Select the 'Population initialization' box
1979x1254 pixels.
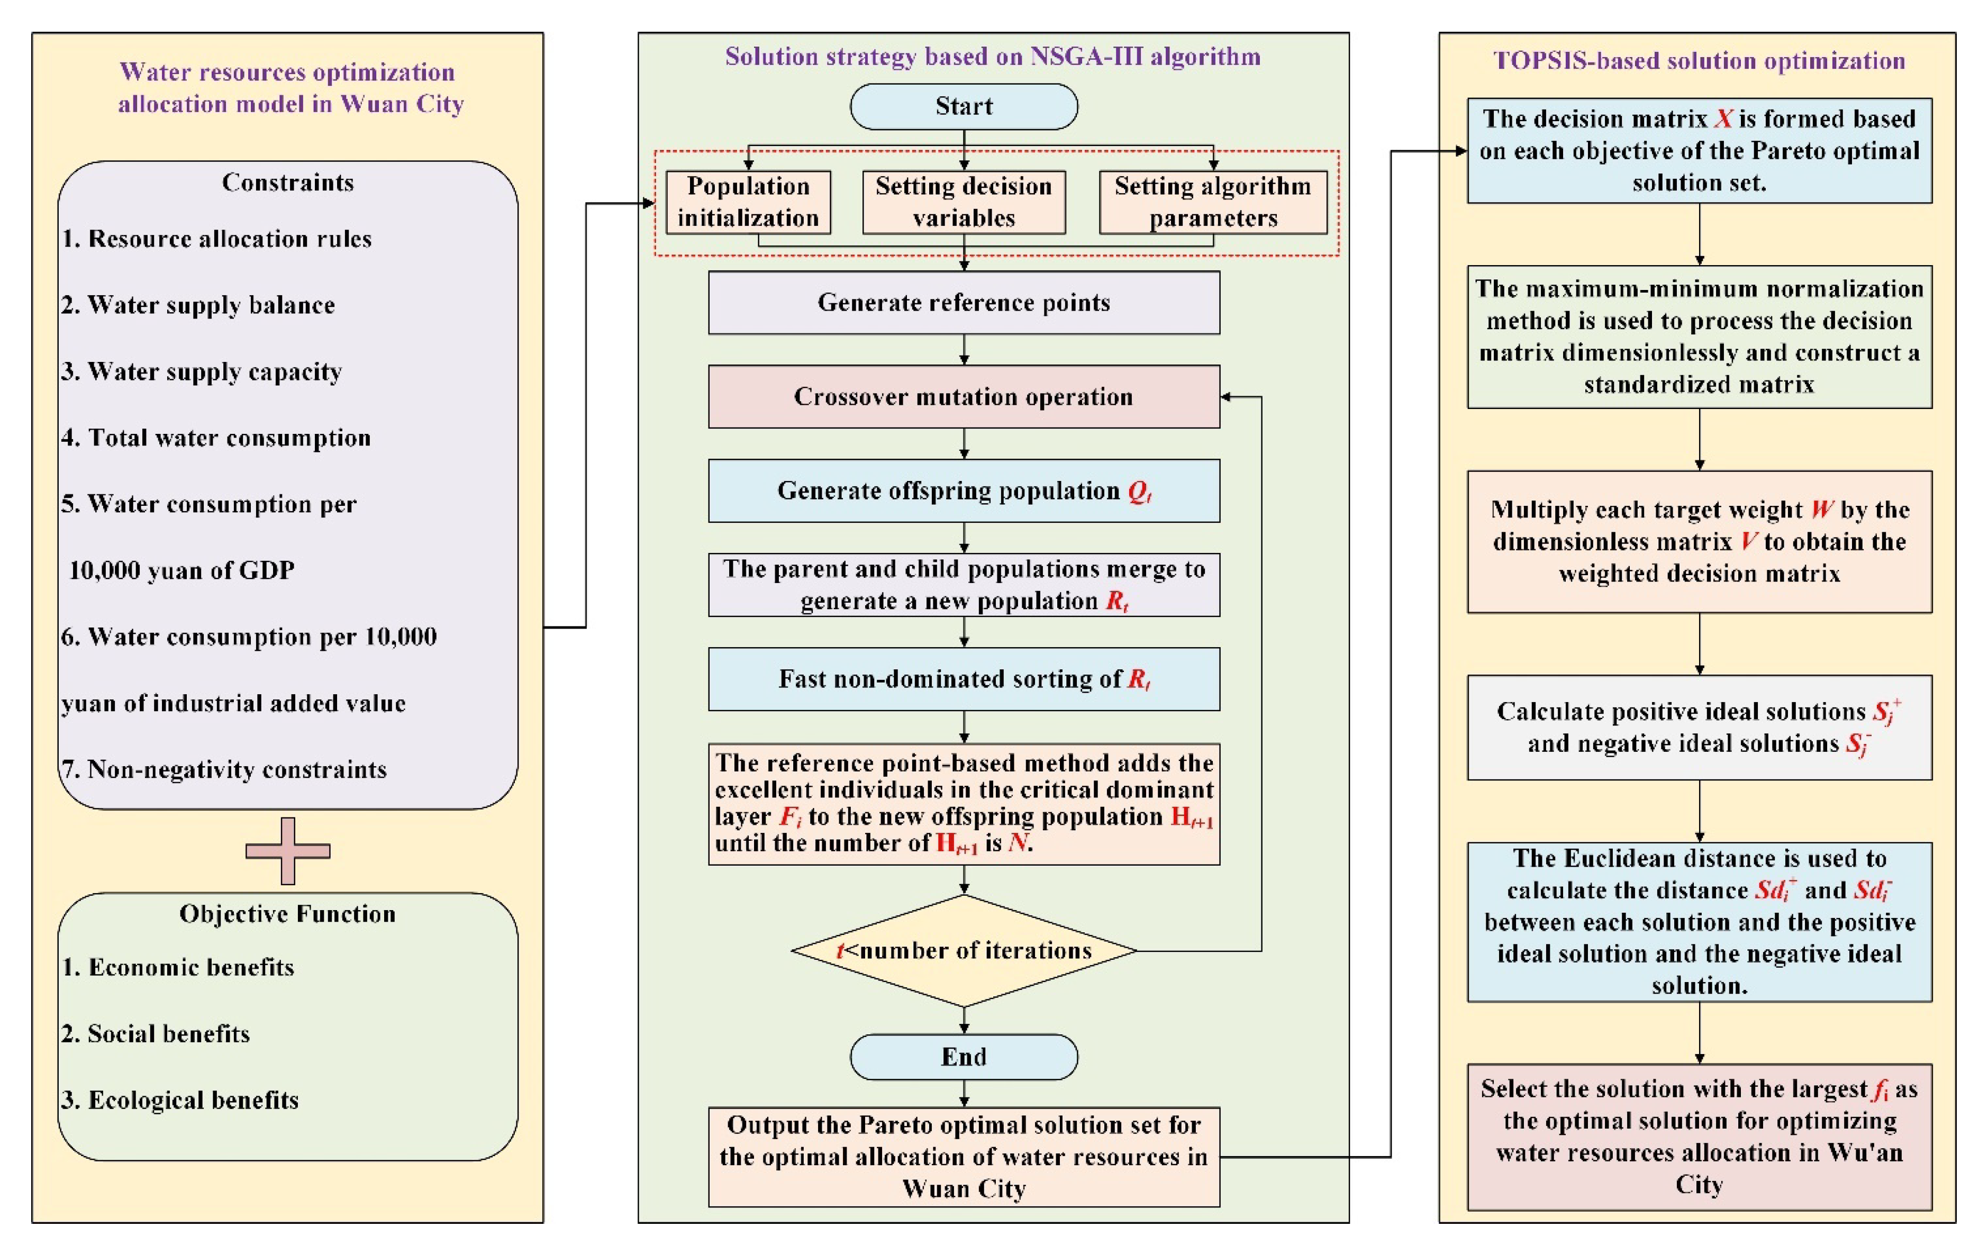(x=748, y=202)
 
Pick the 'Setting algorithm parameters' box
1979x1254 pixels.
(x=1212, y=202)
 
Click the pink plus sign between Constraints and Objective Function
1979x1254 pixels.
(x=288, y=850)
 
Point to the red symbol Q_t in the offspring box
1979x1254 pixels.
(x=1139, y=492)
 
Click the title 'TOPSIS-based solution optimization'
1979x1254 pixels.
(x=1699, y=61)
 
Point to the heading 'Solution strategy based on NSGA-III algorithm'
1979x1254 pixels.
(x=992, y=57)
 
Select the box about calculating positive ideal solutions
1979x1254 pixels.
(x=1699, y=727)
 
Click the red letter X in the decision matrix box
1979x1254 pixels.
(x=1723, y=119)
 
